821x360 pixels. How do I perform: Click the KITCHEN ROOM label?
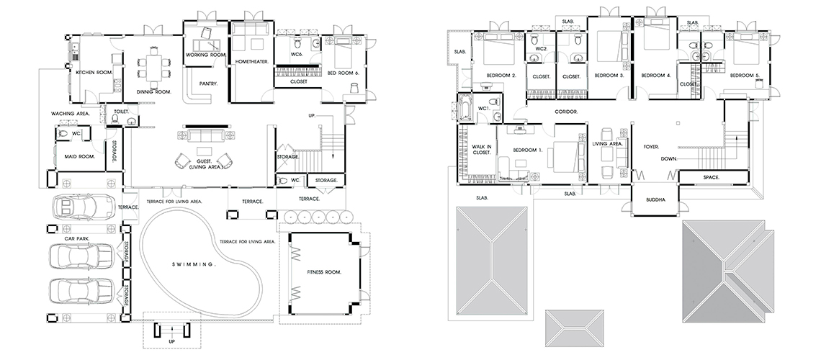pos(94,72)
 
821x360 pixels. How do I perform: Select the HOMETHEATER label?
pos(252,61)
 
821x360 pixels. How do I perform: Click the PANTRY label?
pos(208,84)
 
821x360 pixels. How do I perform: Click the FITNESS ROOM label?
pos(325,272)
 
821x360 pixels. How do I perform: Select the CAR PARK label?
pos(77,238)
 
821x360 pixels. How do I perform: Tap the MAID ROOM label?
pos(80,156)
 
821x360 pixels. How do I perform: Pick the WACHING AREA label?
pos(70,113)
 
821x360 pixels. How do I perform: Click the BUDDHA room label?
pos(655,199)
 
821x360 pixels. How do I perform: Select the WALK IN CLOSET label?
pos(481,150)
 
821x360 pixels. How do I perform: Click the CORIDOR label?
pos(566,112)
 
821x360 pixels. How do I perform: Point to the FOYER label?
pos(651,146)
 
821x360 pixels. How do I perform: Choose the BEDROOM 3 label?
pos(609,76)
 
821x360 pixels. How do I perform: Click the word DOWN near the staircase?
pos(669,158)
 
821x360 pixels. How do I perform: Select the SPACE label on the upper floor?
pos(711,177)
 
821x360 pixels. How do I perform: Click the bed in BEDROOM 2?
pos(499,51)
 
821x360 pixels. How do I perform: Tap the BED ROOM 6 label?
pos(343,73)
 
